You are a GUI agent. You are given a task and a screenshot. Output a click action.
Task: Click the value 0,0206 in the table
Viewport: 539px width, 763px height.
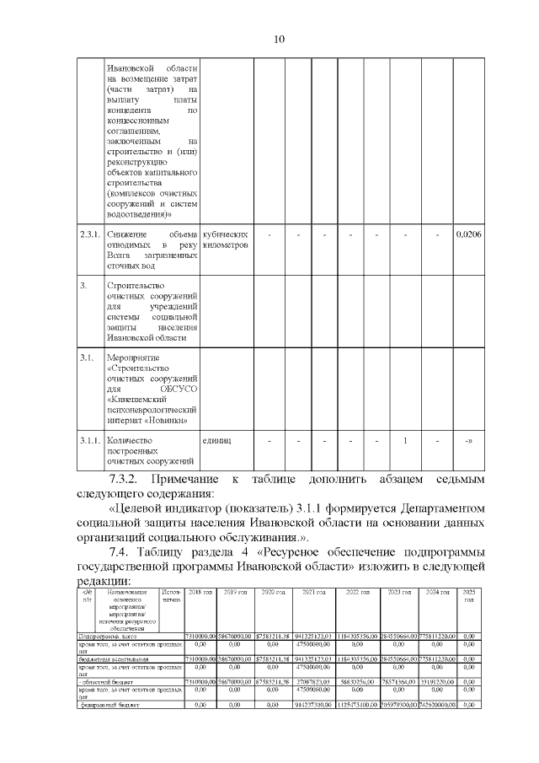pos(468,234)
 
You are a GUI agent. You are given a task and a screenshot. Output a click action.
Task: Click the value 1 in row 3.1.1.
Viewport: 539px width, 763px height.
pos(406,440)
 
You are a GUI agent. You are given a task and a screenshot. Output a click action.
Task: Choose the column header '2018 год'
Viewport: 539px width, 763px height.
pos(200,594)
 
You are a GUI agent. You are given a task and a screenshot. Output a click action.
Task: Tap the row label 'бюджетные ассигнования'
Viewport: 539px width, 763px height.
pos(114,658)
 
